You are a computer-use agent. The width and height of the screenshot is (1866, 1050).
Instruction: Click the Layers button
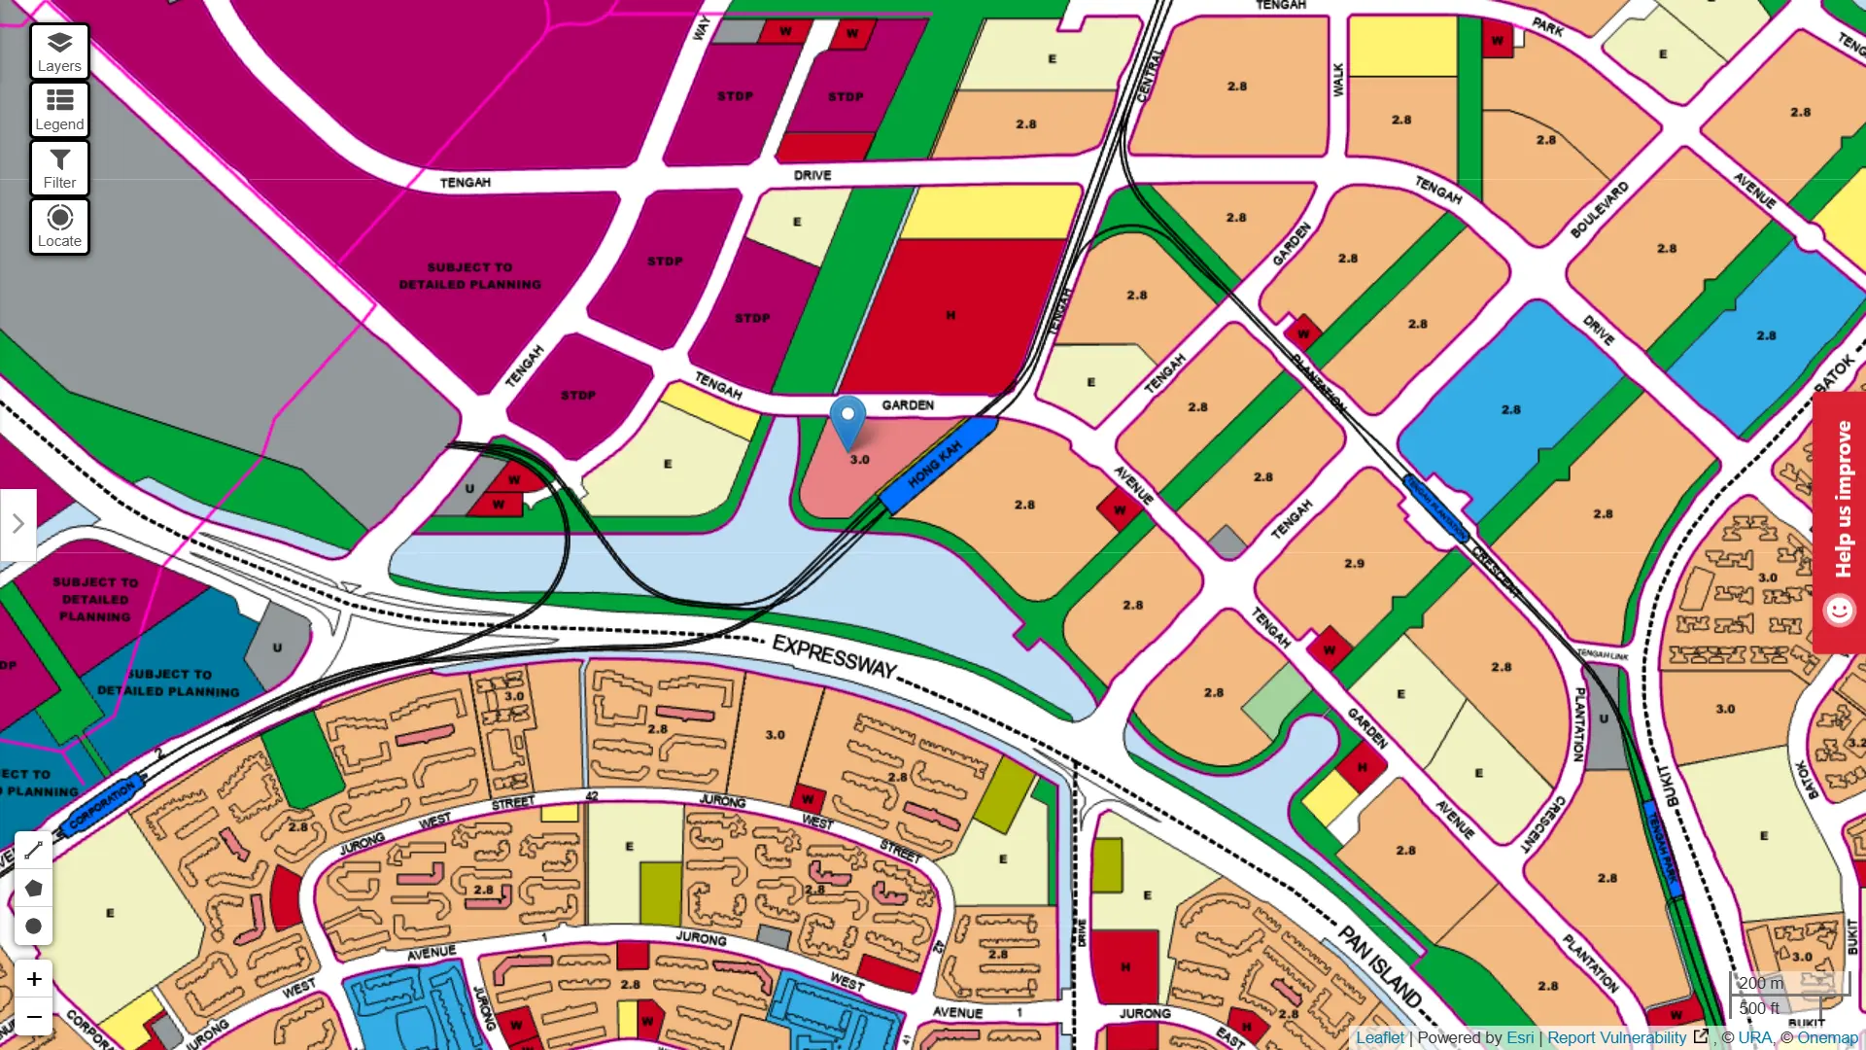[x=59, y=52]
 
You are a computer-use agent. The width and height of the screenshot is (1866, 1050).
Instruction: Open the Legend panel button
[x=59, y=110]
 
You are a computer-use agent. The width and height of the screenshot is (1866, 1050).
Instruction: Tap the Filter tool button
[x=59, y=168]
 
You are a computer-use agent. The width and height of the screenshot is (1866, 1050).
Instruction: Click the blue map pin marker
[x=847, y=420]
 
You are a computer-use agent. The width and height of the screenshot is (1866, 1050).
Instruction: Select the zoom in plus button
[x=34, y=979]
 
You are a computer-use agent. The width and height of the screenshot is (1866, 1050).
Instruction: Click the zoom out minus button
[x=34, y=1017]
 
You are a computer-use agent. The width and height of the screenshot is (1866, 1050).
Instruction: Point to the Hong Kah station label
[x=935, y=465]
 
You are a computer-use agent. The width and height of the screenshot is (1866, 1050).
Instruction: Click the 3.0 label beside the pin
[x=860, y=460]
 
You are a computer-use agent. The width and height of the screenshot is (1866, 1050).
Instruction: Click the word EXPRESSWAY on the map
[x=834, y=656]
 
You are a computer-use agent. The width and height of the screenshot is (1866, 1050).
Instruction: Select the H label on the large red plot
[x=950, y=315]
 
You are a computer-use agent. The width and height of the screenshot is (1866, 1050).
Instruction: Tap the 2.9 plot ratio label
[x=1354, y=563]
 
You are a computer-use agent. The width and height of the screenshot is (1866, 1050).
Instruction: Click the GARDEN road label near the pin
[x=908, y=404]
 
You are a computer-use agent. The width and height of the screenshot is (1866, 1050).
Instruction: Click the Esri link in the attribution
[x=1520, y=1037]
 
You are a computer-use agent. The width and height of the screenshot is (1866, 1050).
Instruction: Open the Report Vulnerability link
[x=1616, y=1037]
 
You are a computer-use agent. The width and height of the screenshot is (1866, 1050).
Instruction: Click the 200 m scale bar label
[x=1761, y=983]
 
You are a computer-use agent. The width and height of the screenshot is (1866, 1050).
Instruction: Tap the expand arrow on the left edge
[x=17, y=524]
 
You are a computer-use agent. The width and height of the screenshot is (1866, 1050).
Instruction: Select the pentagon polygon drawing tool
[x=33, y=888]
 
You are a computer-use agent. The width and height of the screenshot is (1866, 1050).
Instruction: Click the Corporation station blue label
[x=102, y=806]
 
